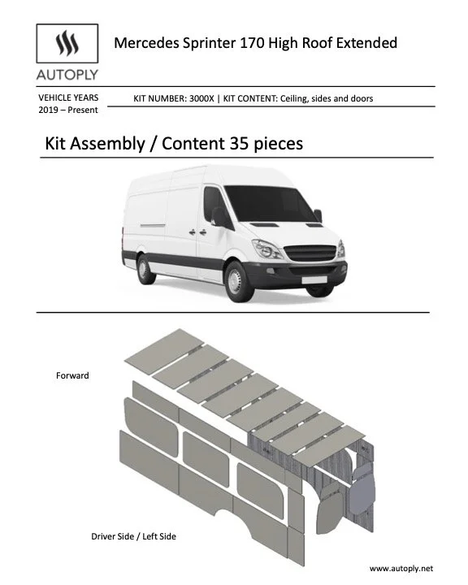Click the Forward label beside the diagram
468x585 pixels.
tap(72, 375)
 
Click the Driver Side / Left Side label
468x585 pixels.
tap(134, 536)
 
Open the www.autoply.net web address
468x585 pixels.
tap(401, 569)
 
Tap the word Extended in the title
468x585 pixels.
tap(367, 42)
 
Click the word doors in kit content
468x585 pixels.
tap(361, 98)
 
